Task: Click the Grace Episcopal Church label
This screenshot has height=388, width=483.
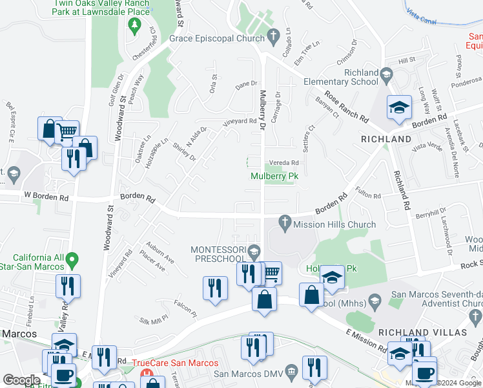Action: pyautogui.click(x=217, y=38)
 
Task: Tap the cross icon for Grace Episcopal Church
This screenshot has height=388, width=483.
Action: pyautogui.click(x=273, y=35)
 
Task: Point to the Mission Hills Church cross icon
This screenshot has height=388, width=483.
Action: pyautogui.click(x=285, y=222)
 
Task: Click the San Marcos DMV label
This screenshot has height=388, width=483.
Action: pyautogui.click(x=248, y=373)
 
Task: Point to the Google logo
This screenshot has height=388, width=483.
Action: pyautogui.click(x=21, y=380)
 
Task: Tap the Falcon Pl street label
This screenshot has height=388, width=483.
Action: pyautogui.click(x=185, y=308)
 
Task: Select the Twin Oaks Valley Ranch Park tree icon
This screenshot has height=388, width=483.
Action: pyautogui.click(x=135, y=27)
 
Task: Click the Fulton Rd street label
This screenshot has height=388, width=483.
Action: pyautogui.click(x=367, y=193)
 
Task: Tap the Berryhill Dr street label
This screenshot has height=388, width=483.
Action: pyautogui.click(x=431, y=214)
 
